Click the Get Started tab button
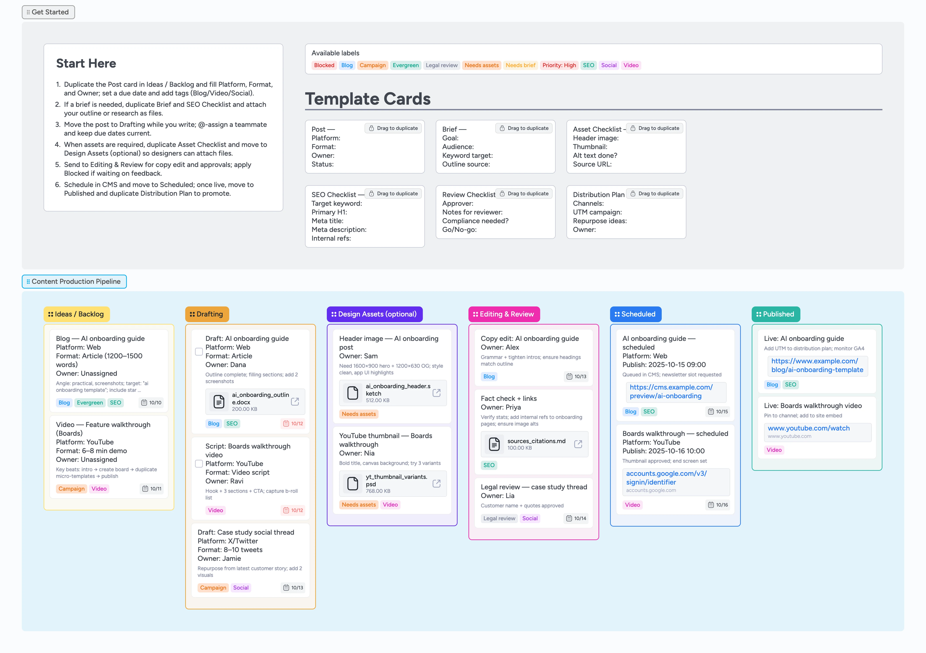click(48, 12)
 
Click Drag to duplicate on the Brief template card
click(524, 128)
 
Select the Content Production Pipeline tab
click(74, 282)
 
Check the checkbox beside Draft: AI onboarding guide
click(199, 352)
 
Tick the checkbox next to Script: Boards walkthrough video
click(199, 464)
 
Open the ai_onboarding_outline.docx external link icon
click(295, 402)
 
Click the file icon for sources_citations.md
click(494, 444)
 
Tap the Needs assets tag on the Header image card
click(359, 414)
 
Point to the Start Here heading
click(86, 63)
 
